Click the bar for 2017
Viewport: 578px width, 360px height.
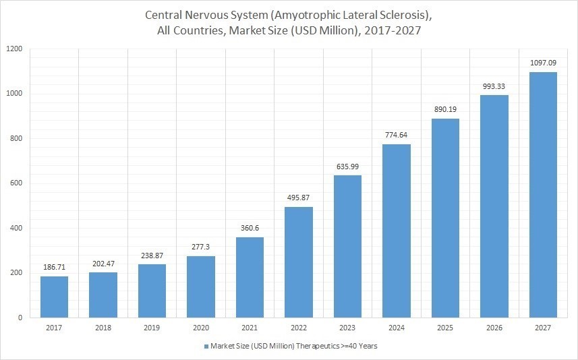tap(54, 297)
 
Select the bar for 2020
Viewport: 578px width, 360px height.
tap(201, 287)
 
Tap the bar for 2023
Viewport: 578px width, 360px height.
tap(347, 246)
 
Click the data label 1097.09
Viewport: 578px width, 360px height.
tap(543, 63)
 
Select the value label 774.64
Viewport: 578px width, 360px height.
tap(396, 136)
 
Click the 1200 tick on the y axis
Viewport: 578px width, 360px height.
tap(15, 49)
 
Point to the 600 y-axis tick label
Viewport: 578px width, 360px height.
tap(17, 183)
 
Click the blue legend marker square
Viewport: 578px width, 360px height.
tap(206, 346)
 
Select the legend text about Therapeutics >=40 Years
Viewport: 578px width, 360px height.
tap(294, 346)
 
